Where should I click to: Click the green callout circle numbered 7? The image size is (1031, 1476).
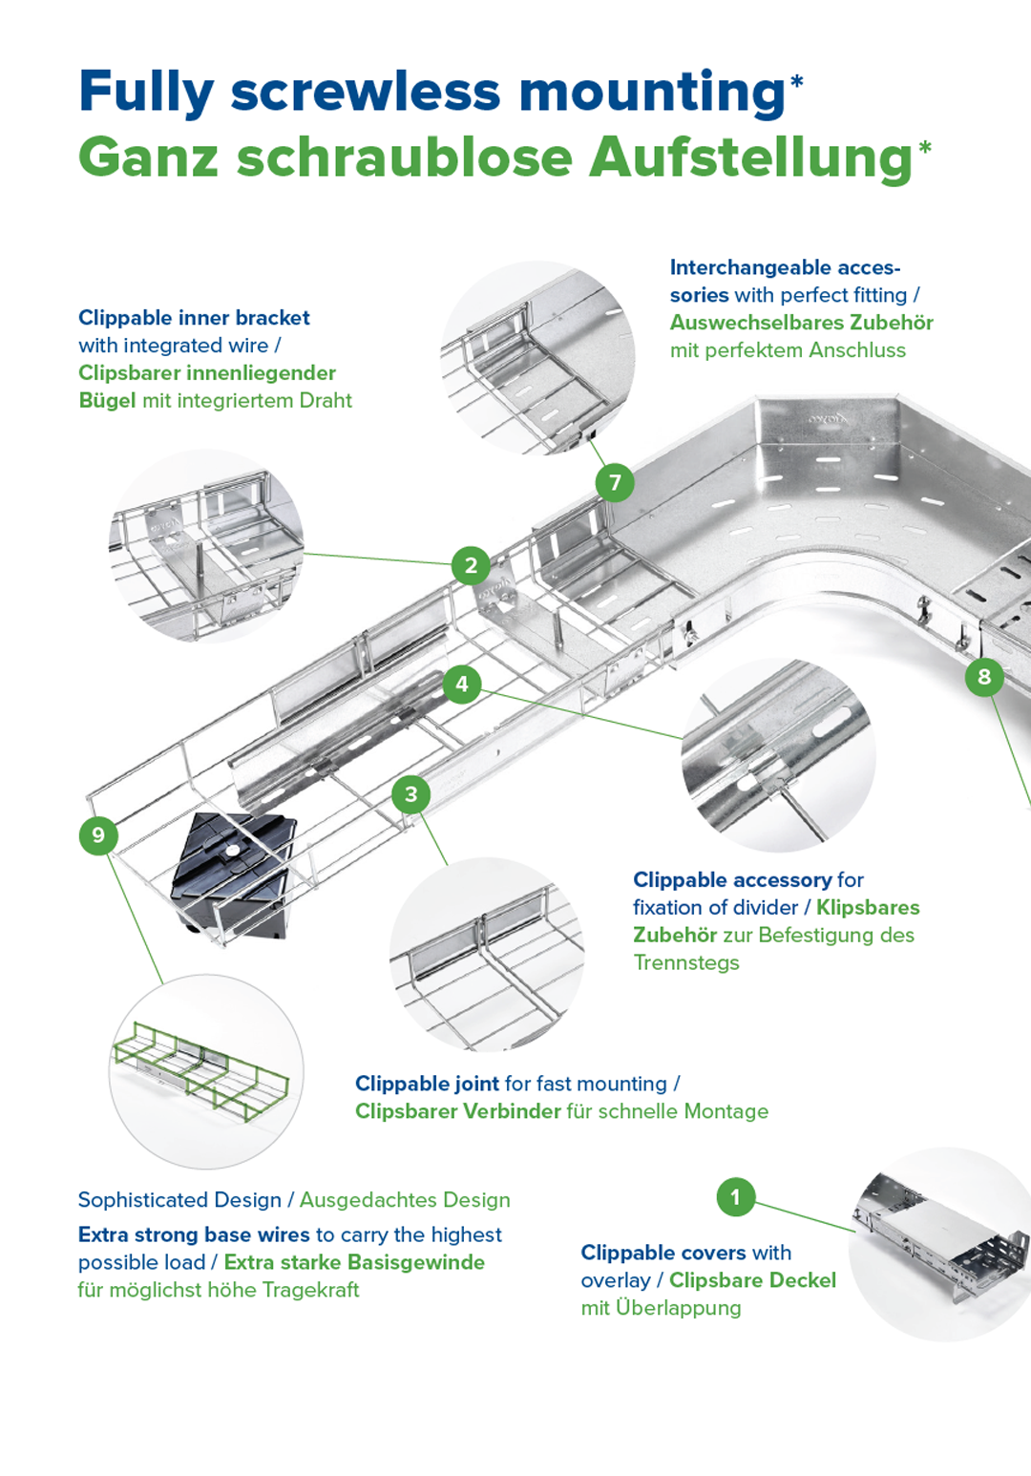[x=615, y=483]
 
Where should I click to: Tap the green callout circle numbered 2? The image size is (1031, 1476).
[x=471, y=566]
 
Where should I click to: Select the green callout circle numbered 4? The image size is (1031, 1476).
[x=462, y=684]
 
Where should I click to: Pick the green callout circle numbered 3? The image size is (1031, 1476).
[x=411, y=794]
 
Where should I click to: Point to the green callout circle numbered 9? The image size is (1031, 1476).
[x=98, y=836]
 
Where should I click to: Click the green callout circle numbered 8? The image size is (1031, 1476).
[x=984, y=677]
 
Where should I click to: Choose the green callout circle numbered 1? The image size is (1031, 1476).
[x=735, y=1196]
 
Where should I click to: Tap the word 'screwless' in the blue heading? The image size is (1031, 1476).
[x=366, y=92]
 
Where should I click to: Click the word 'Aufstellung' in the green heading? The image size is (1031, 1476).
[x=750, y=158]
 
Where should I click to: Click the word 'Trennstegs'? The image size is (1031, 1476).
[x=686, y=962]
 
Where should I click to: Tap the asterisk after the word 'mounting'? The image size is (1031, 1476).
[x=796, y=83]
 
